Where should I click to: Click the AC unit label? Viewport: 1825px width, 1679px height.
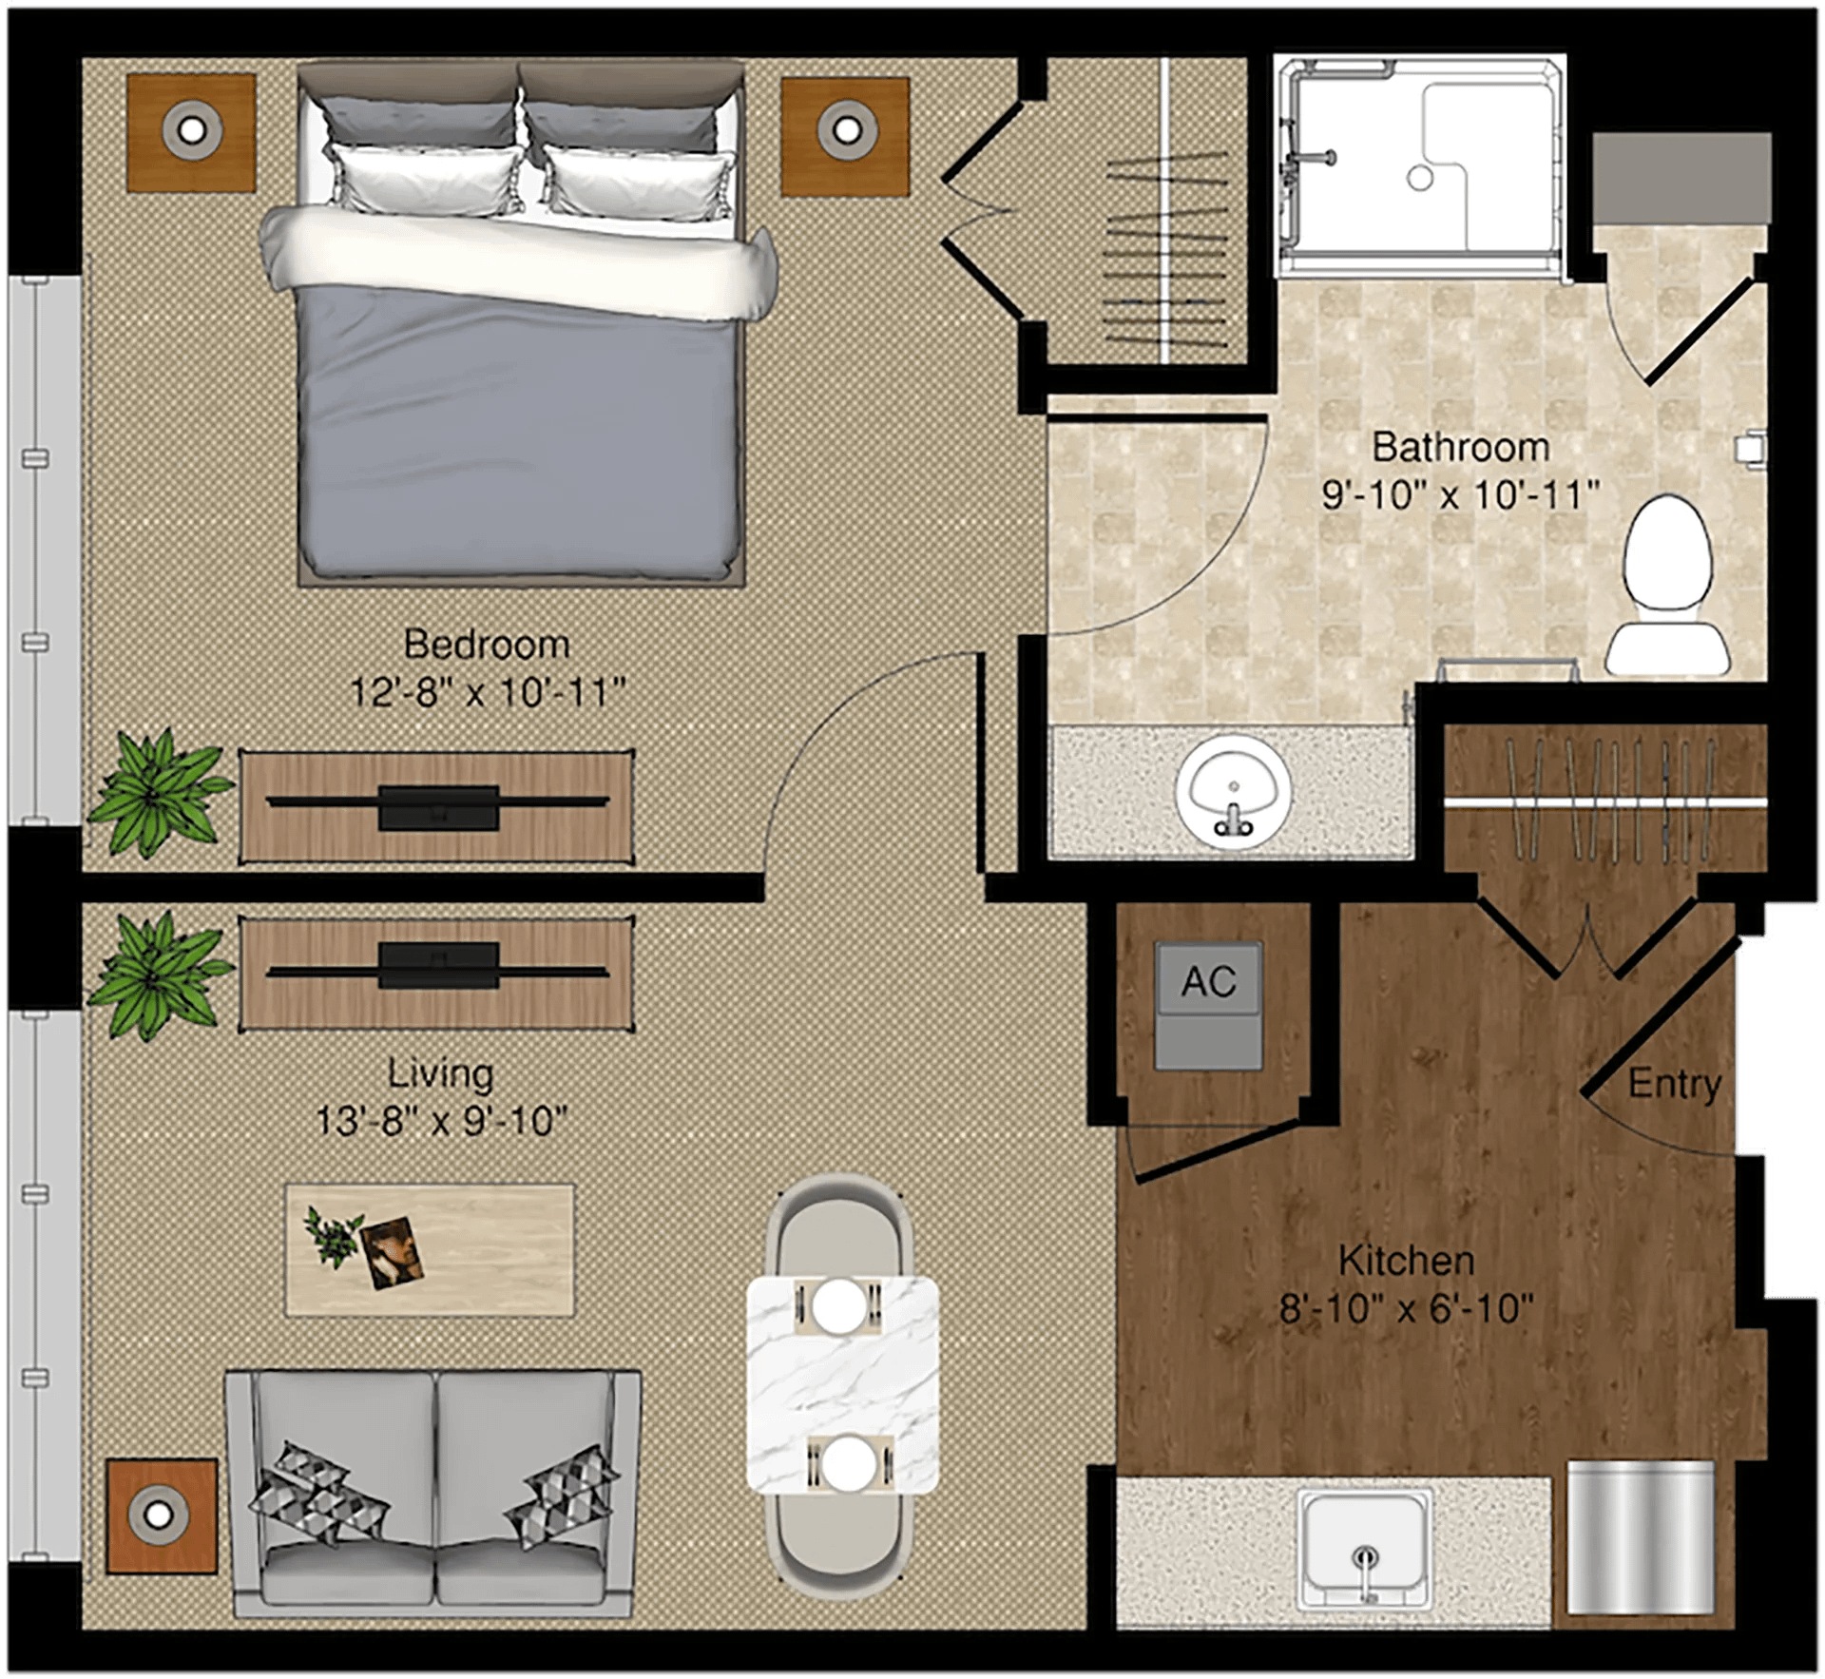click(x=1208, y=981)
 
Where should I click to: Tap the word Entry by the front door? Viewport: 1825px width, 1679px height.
click(x=1674, y=1084)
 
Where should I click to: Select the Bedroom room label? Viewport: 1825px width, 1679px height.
click(x=487, y=645)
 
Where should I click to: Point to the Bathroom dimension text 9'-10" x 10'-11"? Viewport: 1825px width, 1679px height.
click(x=1461, y=494)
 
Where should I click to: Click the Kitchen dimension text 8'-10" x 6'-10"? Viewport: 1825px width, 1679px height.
click(x=1407, y=1309)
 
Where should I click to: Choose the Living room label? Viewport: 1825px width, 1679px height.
click(x=440, y=1074)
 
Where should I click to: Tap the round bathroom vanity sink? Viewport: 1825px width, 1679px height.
click(x=1233, y=787)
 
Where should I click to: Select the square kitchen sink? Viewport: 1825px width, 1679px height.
click(x=1366, y=1551)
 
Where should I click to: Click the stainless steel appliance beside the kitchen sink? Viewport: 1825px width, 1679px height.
click(x=1640, y=1537)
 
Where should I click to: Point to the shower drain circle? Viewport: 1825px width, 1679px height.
click(x=1420, y=178)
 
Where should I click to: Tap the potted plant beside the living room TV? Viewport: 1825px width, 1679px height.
click(x=160, y=974)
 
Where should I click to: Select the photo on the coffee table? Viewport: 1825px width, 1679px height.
click(x=392, y=1252)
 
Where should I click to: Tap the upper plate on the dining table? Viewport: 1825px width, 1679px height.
click(x=839, y=1305)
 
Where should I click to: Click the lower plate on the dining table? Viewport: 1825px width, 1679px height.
click(x=848, y=1463)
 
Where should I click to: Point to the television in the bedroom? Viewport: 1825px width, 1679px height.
click(x=438, y=806)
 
